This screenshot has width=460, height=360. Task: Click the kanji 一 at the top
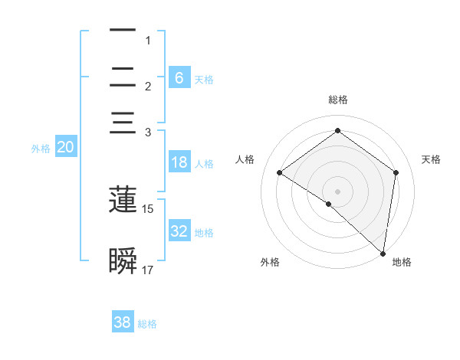pyautogui.click(x=123, y=31)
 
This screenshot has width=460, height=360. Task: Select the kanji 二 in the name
pyautogui.click(x=123, y=77)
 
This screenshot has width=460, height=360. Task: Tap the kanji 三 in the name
pyautogui.click(x=123, y=123)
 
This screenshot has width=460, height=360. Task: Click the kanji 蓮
pyautogui.click(x=123, y=200)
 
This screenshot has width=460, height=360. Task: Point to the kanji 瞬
pyautogui.click(x=123, y=261)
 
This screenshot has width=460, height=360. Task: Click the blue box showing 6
pyautogui.click(x=179, y=77)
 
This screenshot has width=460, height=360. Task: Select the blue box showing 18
pyautogui.click(x=179, y=162)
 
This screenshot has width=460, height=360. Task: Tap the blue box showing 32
pyautogui.click(x=179, y=231)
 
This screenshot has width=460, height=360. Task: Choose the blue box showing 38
pyautogui.click(x=123, y=322)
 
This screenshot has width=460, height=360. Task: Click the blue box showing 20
pyautogui.click(x=65, y=148)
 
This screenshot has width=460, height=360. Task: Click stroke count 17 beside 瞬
pyautogui.click(x=148, y=270)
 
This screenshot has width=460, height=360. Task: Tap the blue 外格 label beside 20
pyautogui.click(x=41, y=149)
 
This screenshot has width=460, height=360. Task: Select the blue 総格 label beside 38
pyautogui.click(x=147, y=324)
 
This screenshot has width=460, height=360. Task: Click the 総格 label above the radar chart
pyautogui.click(x=337, y=100)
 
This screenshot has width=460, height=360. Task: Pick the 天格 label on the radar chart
pyautogui.click(x=432, y=159)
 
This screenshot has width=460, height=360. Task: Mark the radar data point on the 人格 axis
pyautogui.click(x=280, y=172)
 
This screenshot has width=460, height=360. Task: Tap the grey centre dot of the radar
pyautogui.click(x=337, y=191)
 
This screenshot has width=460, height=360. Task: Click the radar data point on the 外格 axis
pyautogui.click(x=329, y=204)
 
